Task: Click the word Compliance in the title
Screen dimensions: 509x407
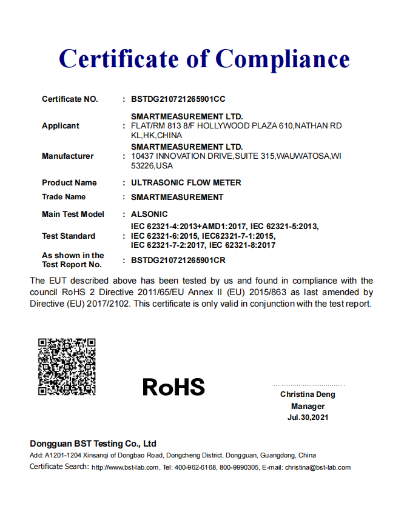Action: click(283, 59)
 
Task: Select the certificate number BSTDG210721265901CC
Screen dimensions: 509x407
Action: click(178, 99)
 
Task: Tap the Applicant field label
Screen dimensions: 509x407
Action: click(60, 126)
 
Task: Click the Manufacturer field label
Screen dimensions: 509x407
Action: click(67, 156)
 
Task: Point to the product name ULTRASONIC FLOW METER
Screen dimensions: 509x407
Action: click(186, 182)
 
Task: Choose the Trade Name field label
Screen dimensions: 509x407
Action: click(64, 197)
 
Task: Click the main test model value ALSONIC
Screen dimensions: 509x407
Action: click(149, 214)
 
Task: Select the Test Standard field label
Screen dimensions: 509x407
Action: click(69, 236)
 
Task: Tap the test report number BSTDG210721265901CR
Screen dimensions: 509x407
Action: click(178, 260)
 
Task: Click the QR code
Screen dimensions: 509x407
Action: click(67, 367)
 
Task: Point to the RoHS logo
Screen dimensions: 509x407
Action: click(173, 387)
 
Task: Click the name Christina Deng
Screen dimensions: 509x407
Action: click(308, 394)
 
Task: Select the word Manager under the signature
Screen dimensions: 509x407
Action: click(308, 406)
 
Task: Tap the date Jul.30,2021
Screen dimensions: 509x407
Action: click(308, 418)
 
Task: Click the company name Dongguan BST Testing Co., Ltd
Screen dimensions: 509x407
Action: click(93, 444)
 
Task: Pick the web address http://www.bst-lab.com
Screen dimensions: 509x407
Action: click(125, 468)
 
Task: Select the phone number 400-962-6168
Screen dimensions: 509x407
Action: click(195, 468)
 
